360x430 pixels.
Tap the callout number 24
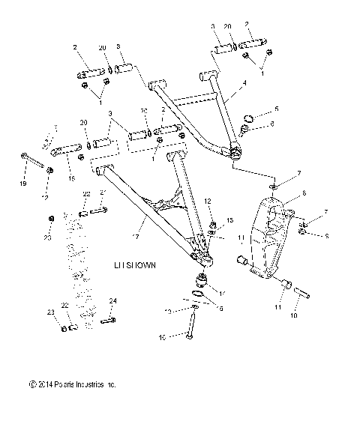[113, 301]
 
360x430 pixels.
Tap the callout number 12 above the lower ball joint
[208, 202]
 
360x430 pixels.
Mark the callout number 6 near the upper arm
[272, 124]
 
